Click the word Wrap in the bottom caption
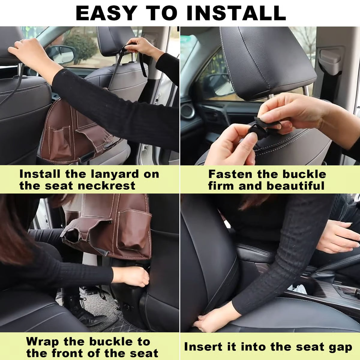point(43,341)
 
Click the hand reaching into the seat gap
point(210,319)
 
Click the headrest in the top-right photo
point(264,60)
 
